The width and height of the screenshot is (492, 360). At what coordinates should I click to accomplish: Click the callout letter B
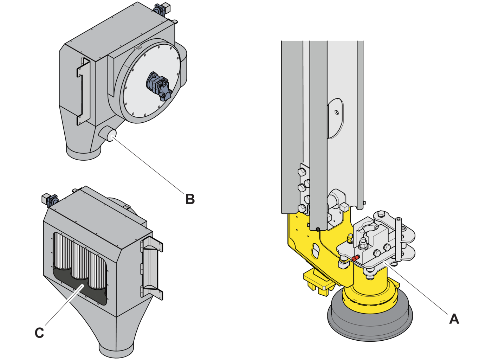coord(190,199)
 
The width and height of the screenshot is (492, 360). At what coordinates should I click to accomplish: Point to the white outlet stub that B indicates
coord(112,136)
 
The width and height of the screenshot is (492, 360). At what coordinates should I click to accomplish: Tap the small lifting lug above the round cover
coord(137,47)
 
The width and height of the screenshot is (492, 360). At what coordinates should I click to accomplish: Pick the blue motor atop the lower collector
coord(50,200)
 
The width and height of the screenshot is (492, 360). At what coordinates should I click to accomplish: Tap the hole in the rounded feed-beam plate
coord(336,112)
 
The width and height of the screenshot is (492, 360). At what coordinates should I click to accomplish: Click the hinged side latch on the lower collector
coord(151,268)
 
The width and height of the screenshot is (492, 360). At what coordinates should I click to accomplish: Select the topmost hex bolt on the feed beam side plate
coord(302,172)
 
